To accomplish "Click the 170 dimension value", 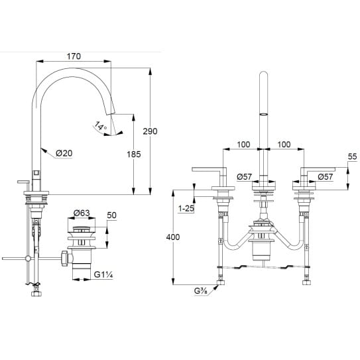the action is (74, 56).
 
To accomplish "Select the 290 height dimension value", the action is (150, 131).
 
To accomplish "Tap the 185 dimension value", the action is (134, 154).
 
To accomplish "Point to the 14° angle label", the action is (100, 126).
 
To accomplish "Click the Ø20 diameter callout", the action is (64, 153).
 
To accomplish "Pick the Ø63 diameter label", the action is (82, 213).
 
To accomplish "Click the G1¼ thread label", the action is (103, 274).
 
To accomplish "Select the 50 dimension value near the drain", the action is (112, 215).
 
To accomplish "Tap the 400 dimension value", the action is (173, 237).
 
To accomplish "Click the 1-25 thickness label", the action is (186, 209).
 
